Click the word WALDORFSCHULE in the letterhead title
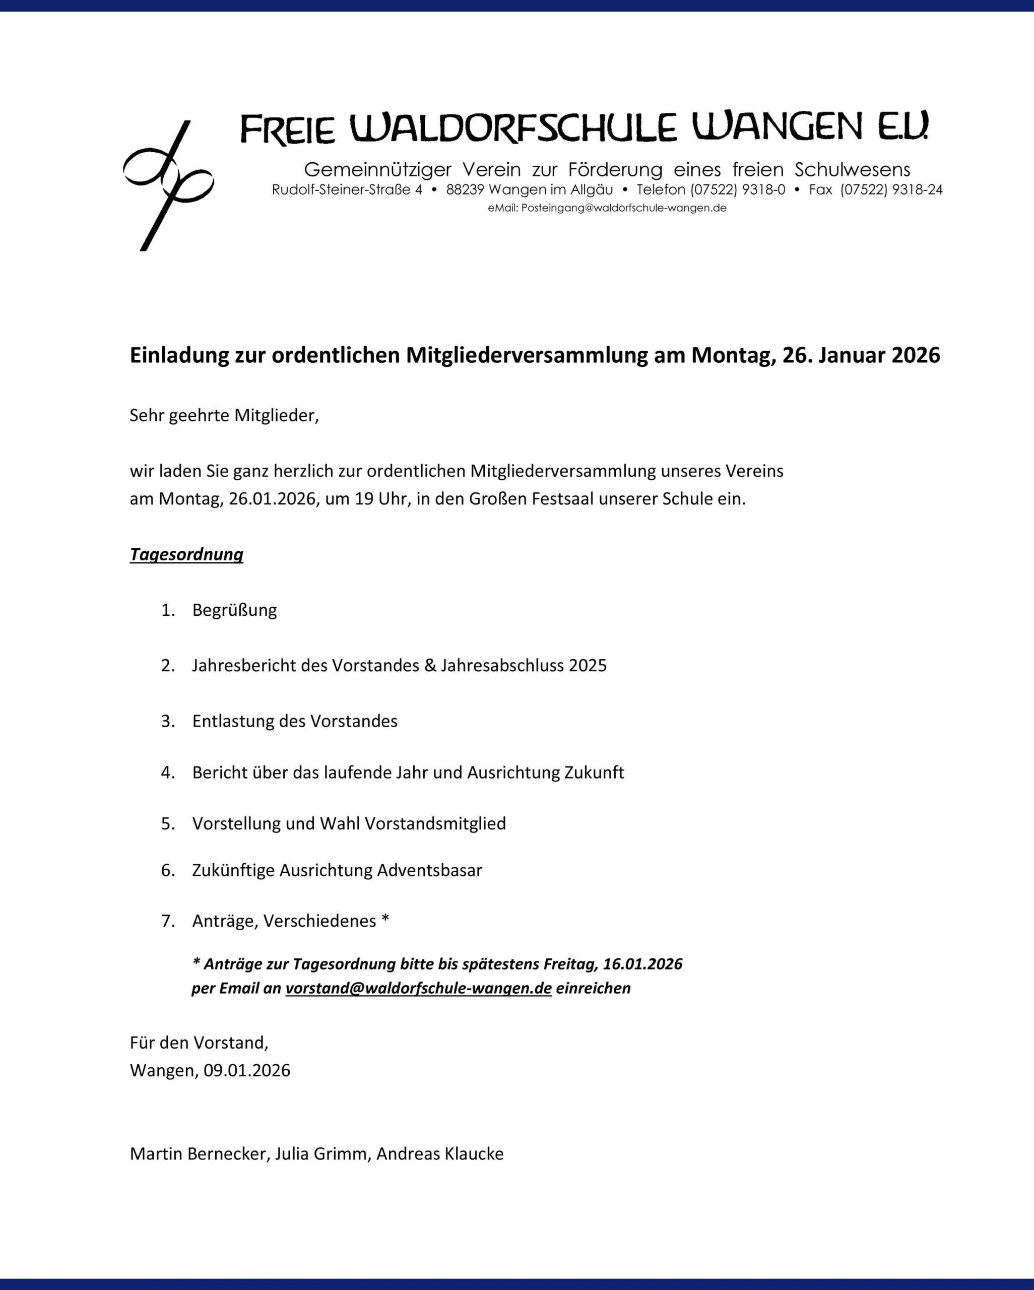[513, 127]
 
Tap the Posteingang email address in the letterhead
[623, 208]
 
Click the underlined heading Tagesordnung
[186, 555]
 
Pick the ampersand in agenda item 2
[430, 665]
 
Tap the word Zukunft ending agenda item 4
[594, 772]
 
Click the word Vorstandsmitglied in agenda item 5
[435, 823]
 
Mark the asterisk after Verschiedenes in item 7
[385, 920]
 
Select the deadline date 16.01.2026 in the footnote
[642, 964]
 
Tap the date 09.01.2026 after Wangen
[246, 1070]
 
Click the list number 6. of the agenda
[167, 870]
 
